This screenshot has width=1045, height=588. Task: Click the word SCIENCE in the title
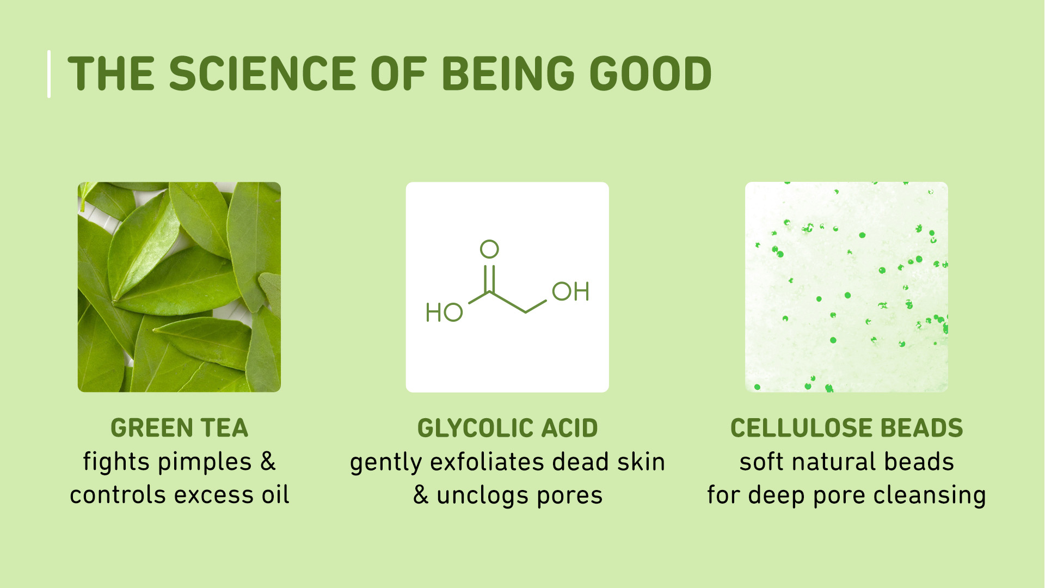pos(262,73)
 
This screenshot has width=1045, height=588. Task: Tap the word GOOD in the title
pos(650,73)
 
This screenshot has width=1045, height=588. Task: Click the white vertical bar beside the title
pos(49,74)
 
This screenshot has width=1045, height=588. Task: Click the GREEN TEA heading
pos(180,428)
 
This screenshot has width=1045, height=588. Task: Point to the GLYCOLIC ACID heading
pos(507,428)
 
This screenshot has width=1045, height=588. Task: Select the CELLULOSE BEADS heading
pos(846,428)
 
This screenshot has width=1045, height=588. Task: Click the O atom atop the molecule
pos(489,249)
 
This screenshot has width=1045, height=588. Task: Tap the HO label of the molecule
pos(444,313)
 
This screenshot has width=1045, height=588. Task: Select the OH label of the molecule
pos(570,291)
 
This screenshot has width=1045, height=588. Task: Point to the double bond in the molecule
pos(489,278)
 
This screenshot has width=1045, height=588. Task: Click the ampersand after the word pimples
pos(268,462)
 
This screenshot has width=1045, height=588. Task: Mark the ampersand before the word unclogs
pos(421,495)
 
